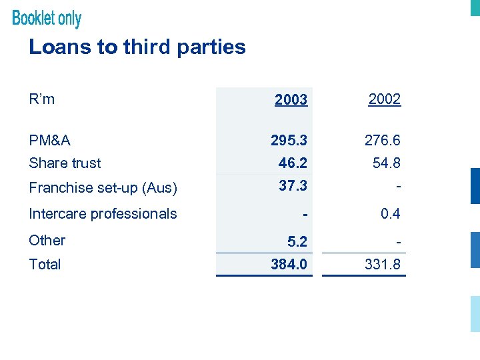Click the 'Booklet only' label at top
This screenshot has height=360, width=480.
point(47,18)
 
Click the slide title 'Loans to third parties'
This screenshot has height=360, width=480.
point(137,47)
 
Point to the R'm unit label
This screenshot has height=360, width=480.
point(42,99)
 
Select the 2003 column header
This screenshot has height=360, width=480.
point(291,100)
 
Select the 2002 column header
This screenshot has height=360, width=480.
point(385,99)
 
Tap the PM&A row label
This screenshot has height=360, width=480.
point(50,141)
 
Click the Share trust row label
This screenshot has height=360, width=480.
point(65,163)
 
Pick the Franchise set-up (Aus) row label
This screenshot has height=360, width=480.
point(103,188)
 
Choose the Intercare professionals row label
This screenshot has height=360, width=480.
point(103,214)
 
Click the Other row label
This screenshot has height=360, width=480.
point(47,240)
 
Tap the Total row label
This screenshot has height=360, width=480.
point(45,264)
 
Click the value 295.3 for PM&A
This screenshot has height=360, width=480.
point(289,141)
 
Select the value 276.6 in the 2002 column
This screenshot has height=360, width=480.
point(382,141)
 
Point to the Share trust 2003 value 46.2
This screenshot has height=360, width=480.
point(293,163)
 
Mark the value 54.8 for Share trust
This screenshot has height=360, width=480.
point(386,163)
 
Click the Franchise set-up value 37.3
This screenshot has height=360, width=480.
point(293,186)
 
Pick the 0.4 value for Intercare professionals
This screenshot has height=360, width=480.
point(390,214)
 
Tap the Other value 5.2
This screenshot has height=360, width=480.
point(297,241)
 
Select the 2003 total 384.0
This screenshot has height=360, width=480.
point(289,265)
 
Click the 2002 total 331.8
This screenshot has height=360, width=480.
point(382,265)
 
